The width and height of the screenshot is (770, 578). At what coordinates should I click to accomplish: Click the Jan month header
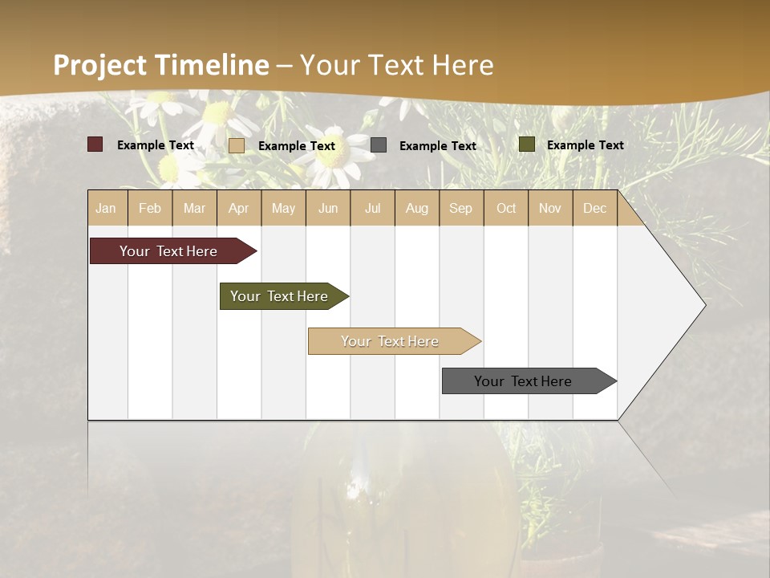tap(106, 208)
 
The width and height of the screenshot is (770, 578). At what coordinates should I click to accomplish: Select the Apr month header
tap(238, 208)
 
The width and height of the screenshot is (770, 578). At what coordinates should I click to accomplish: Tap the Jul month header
tap(372, 208)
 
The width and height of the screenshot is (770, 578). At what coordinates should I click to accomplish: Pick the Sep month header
tap(460, 208)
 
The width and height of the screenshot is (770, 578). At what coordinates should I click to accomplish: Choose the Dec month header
tap(594, 208)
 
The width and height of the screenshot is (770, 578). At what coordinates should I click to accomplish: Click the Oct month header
tap(506, 208)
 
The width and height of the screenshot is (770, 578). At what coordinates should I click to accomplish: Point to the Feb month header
tap(150, 208)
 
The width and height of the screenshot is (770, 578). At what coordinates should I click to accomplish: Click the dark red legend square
tap(95, 144)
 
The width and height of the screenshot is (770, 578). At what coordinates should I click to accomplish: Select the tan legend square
tap(237, 145)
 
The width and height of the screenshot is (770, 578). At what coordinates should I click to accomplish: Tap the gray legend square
tap(379, 145)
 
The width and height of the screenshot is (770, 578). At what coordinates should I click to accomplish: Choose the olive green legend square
tap(526, 144)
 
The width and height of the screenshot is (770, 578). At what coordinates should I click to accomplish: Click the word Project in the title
tap(100, 65)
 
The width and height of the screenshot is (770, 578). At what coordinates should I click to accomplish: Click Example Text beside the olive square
tap(585, 145)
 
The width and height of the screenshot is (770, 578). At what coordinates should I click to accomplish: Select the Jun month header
tap(328, 208)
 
